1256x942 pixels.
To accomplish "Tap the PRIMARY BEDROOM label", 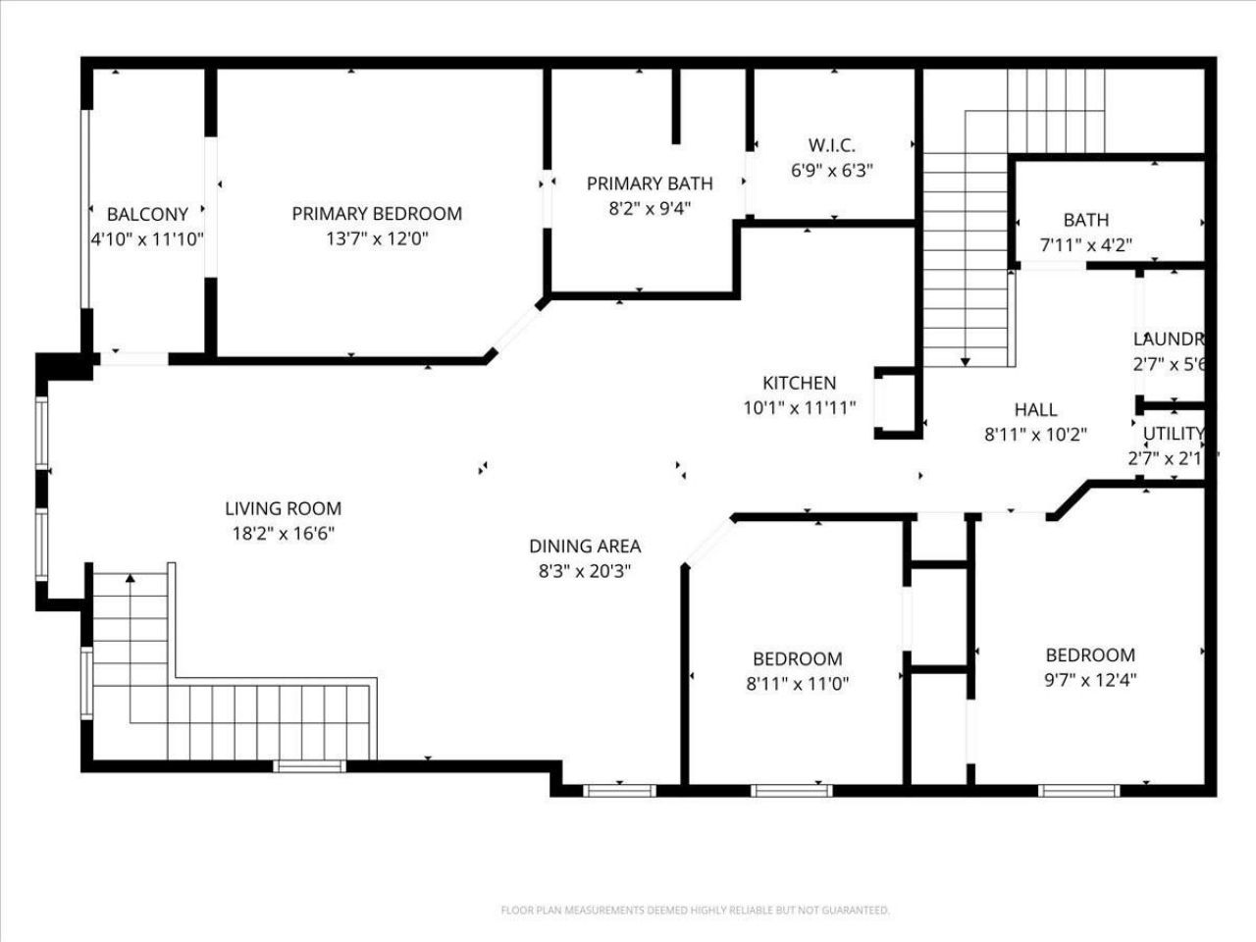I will [x=377, y=213].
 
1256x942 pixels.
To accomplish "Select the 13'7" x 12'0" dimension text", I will [x=377, y=238].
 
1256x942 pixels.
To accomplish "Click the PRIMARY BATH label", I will [x=650, y=183].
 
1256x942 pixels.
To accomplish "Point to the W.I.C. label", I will [x=832, y=145].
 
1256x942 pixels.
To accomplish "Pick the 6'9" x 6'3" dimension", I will [x=832, y=170].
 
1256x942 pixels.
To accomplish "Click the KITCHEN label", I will [x=800, y=383].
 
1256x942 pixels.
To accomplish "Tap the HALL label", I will [x=1035, y=410].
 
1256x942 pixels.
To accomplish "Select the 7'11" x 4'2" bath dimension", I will [x=1086, y=245].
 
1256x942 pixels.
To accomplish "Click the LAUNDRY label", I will [x=1168, y=340].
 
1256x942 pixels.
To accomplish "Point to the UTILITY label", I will [x=1173, y=434].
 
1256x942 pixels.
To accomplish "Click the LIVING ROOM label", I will [x=284, y=508].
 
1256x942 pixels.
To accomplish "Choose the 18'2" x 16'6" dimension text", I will [x=284, y=534].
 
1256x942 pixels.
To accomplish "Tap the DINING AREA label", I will [x=585, y=547].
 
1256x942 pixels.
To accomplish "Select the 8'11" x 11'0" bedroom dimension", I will [x=798, y=684].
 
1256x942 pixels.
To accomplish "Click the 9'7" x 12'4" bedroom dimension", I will [x=1090, y=680].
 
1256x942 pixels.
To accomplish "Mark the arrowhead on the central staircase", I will [x=966, y=362].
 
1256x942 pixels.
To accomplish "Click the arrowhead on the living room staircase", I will [x=130, y=579].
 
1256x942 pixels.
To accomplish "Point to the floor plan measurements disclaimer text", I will [x=695, y=911].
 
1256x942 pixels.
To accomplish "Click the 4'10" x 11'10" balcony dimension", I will [x=147, y=238].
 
